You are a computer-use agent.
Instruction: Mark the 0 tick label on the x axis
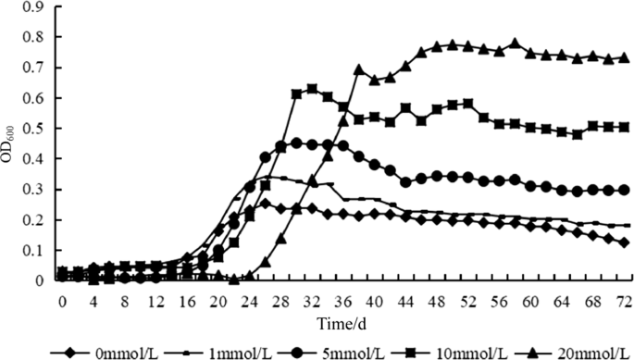[61, 301]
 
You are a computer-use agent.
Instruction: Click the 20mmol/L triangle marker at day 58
[515, 43]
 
